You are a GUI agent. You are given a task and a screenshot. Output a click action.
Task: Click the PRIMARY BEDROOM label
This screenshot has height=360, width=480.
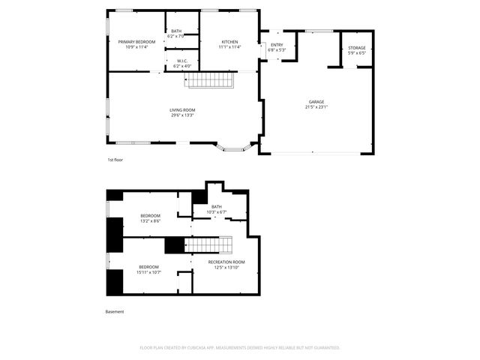tap(136, 41)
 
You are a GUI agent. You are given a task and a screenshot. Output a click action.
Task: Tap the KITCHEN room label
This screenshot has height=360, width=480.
tap(229, 41)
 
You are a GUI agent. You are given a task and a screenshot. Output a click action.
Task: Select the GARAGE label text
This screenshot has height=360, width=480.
tap(316, 102)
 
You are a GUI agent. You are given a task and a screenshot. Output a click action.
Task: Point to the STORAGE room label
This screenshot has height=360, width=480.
tap(356, 48)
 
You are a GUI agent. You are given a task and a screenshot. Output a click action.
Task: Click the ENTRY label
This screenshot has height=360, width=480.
tap(277, 45)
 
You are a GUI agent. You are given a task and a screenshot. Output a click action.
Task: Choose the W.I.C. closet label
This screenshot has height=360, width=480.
tap(181, 61)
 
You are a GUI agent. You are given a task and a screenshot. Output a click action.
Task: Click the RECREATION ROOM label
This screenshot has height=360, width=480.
tap(226, 262)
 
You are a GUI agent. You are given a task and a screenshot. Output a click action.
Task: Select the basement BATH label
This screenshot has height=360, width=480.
tap(217, 207)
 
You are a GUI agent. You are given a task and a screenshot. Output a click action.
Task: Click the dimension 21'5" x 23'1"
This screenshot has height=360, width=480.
tap(316, 107)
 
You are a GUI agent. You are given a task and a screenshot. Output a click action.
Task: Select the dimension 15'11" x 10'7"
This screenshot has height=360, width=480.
tap(148, 272)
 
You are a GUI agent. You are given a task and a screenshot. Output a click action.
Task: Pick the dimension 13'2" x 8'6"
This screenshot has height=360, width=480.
tap(150, 221)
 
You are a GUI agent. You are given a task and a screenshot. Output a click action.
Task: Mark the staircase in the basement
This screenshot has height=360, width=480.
tap(210, 245)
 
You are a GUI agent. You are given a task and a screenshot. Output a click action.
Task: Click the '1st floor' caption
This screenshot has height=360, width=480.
tap(115, 160)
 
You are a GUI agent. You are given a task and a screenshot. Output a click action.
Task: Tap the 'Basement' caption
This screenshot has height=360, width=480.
tap(115, 311)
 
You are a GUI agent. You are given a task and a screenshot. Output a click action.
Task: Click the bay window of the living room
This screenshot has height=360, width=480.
tap(234, 148)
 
